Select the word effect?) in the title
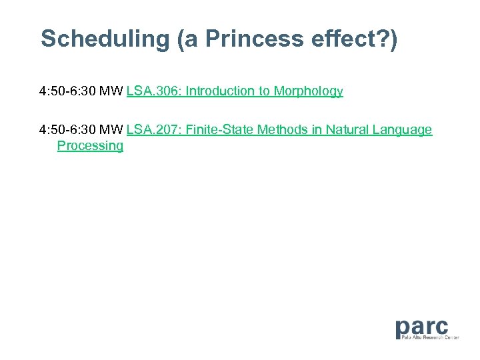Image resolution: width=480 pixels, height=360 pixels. point(352,39)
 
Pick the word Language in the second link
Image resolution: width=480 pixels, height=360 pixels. point(403,130)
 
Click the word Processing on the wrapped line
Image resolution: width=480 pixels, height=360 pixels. point(90,146)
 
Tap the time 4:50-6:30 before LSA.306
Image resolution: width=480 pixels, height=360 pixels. point(67,91)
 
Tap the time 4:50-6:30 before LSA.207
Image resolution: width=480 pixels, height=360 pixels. point(67,130)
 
